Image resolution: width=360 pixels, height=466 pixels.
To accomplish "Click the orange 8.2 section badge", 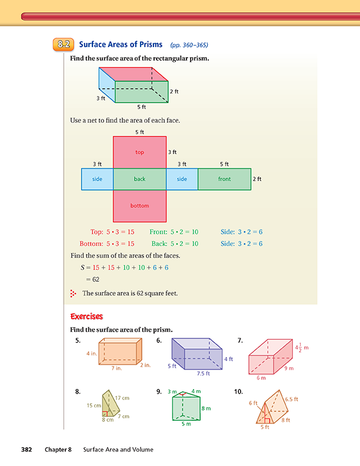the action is pyautogui.click(x=64, y=45).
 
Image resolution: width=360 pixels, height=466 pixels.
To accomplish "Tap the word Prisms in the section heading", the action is pyautogui.click(x=151, y=45).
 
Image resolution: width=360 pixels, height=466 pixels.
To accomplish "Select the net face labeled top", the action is pyautogui.click(x=139, y=152).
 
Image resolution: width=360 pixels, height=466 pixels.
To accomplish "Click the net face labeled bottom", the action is pyautogui.click(x=139, y=206).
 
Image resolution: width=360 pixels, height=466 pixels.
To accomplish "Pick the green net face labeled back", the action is pyautogui.click(x=139, y=179).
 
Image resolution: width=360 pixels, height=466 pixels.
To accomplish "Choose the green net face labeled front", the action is pyautogui.click(x=225, y=179).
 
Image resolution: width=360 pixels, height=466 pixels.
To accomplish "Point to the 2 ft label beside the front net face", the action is pyautogui.click(x=257, y=179).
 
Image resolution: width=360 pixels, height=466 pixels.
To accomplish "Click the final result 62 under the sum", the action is pyautogui.click(x=96, y=279).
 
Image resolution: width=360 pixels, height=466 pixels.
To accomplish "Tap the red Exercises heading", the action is pyautogui.click(x=86, y=317).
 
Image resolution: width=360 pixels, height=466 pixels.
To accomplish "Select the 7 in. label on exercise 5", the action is pyautogui.click(x=116, y=368).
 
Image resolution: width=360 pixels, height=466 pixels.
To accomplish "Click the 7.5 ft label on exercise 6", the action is pyautogui.click(x=204, y=374).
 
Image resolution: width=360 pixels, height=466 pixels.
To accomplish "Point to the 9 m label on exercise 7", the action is pyautogui.click(x=289, y=368).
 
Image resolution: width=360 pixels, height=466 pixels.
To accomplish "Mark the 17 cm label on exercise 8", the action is pyautogui.click(x=122, y=398).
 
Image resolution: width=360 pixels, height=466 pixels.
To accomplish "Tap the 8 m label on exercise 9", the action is pyautogui.click(x=206, y=408).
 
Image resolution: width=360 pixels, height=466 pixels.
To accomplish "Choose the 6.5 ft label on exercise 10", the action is pyautogui.click(x=291, y=399).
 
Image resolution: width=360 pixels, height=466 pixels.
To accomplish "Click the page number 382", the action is pyautogui.click(x=26, y=450).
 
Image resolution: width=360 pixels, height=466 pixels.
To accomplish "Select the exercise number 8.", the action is pyautogui.click(x=78, y=391).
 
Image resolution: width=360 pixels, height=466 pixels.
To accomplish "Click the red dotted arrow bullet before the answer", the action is pyautogui.click(x=73, y=294).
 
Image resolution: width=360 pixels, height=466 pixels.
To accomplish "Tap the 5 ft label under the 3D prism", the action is pyautogui.click(x=141, y=107).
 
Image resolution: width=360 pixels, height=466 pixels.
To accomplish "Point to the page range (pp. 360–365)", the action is pyautogui.click(x=189, y=45).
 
